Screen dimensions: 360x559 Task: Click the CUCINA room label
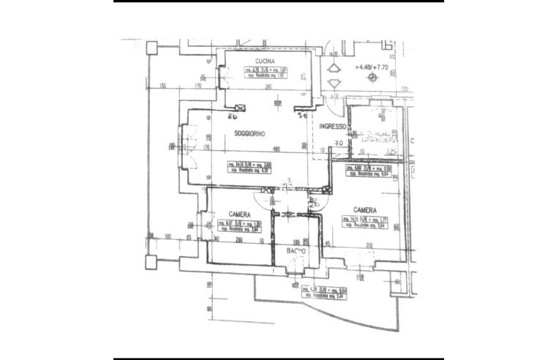point(264,60)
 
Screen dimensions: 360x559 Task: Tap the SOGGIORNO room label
point(250,133)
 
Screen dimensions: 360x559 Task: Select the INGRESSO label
point(333,127)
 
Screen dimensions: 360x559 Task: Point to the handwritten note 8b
point(233,116)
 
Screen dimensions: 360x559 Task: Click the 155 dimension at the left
point(162,86)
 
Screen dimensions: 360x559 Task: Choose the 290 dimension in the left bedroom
point(238,240)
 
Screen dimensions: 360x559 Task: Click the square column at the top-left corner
point(151,48)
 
